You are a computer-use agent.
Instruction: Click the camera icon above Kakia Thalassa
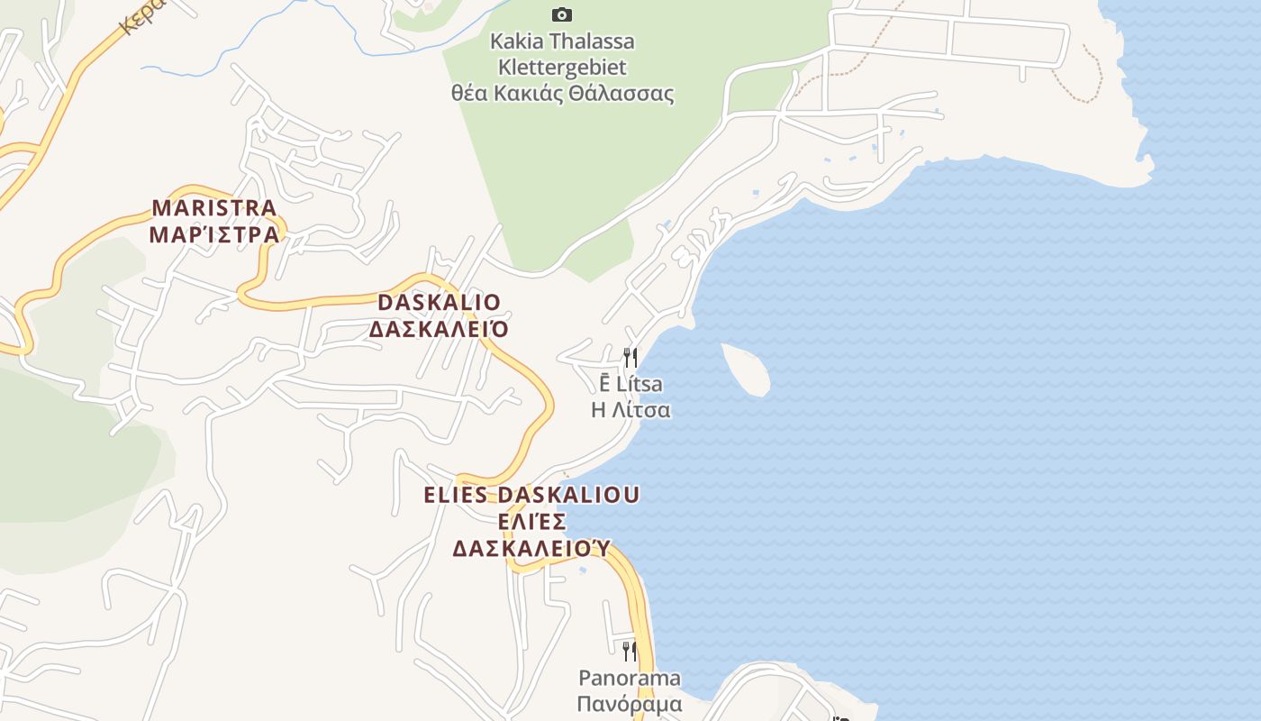[562, 14]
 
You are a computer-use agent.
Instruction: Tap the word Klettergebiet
[562, 68]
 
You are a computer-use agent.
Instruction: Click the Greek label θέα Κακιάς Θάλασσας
[562, 94]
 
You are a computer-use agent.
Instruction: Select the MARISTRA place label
[214, 208]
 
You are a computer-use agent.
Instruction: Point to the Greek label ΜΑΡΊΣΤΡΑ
[214, 235]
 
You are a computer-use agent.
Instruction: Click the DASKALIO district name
[439, 302]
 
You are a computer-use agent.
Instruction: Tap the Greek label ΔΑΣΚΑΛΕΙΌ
[439, 329]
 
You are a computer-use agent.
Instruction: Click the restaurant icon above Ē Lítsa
[630, 357]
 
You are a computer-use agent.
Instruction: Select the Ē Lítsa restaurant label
[630, 384]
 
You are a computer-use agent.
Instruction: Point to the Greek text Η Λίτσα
[630, 410]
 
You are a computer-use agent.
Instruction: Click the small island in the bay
[746, 369]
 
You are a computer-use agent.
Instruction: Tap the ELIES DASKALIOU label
[531, 495]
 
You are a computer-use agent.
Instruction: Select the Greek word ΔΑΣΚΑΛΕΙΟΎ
[531, 548]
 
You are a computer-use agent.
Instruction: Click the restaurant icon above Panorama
[630, 650]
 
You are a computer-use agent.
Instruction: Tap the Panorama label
[630, 678]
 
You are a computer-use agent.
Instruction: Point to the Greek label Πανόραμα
[630, 704]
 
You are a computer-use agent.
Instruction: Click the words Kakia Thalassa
[562, 41]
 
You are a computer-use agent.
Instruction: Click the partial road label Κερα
[141, 14]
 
